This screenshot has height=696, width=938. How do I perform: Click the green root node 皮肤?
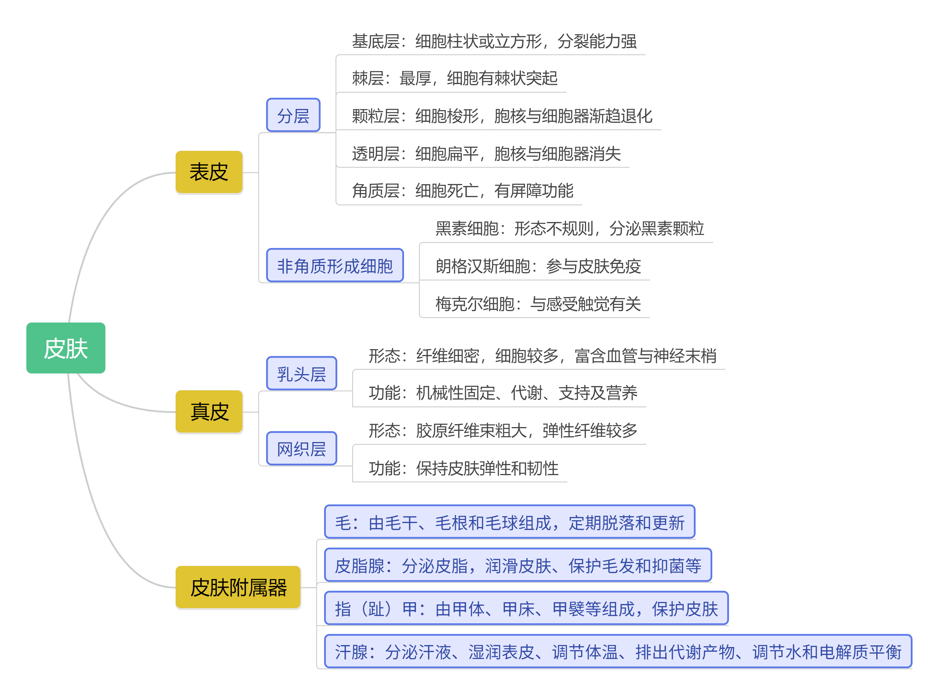[x=66, y=348]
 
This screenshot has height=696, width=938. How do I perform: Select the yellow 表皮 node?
[x=209, y=172]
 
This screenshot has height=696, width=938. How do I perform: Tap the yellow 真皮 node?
[x=209, y=411]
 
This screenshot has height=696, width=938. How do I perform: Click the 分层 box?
[x=293, y=115]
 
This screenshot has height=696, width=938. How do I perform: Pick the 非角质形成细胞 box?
[x=335, y=265]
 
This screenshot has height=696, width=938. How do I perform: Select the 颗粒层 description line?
[x=502, y=116]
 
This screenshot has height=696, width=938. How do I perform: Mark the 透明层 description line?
[x=486, y=154]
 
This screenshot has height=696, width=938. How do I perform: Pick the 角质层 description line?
[x=462, y=191]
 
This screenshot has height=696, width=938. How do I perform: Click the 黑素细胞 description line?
[x=569, y=228]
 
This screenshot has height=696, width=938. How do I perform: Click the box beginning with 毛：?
[x=509, y=522]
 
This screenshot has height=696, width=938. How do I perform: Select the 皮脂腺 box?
[x=518, y=565]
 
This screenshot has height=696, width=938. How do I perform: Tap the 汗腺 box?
[x=618, y=652]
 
